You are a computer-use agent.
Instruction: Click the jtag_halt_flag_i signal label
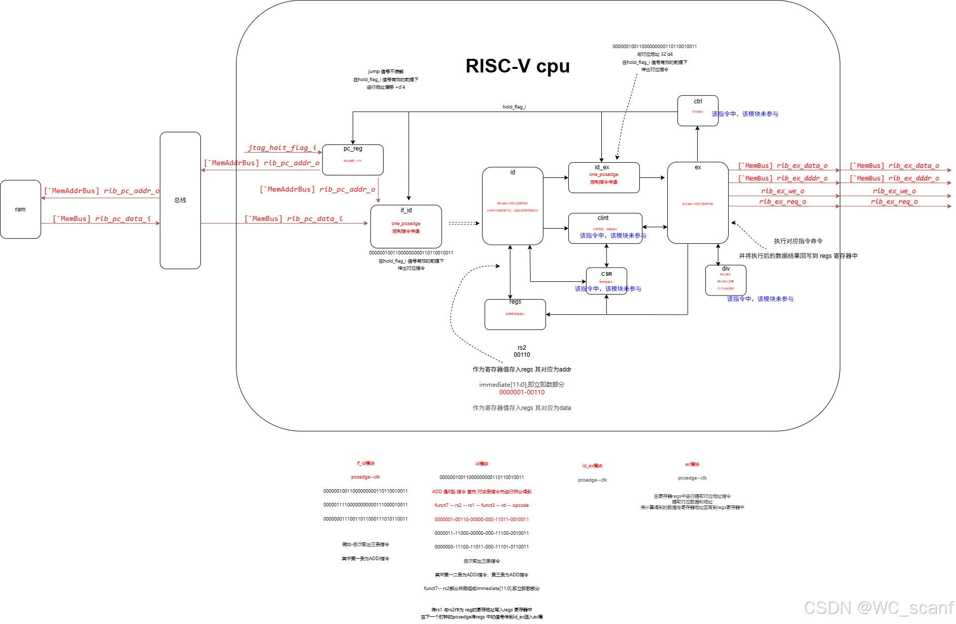pyautogui.click(x=282, y=148)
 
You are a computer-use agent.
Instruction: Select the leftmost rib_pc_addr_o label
pyautogui.click(x=101, y=191)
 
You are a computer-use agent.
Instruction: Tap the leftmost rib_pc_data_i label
pyautogui.click(x=101, y=218)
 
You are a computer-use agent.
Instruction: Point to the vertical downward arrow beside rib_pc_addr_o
pyautogui.click(x=378, y=190)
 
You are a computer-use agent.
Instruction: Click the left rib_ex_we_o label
pyautogui.click(x=782, y=191)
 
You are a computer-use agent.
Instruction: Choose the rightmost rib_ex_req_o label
pyautogui.click(x=894, y=201)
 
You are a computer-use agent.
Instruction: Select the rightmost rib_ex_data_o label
pyautogui.click(x=894, y=165)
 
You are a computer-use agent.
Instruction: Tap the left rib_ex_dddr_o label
pyautogui.click(x=782, y=178)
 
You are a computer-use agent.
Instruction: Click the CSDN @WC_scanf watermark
pyautogui.click(x=878, y=607)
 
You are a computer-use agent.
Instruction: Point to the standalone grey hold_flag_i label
pyautogui.click(x=514, y=107)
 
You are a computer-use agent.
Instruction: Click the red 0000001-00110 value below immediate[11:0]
pyautogui.click(x=522, y=392)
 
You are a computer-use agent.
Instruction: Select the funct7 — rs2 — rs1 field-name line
pyautogui.click(x=481, y=505)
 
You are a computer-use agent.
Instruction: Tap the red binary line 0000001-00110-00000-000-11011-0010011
pyautogui.click(x=481, y=519)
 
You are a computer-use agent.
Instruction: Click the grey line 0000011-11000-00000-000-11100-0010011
pyautogui.click(x=481, y=533)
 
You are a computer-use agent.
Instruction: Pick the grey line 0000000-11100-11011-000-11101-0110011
pyautogui.click(x=481, y=547)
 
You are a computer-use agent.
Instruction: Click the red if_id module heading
pyautogui.click(x=365, y=463)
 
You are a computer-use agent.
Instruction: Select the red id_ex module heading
pyautogui.click(x=592, y=465)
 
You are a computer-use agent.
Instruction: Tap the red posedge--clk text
pyautogui.click(x=365, y=477)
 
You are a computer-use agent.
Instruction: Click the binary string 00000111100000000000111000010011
pyautogui.click(x=365, y=505)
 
